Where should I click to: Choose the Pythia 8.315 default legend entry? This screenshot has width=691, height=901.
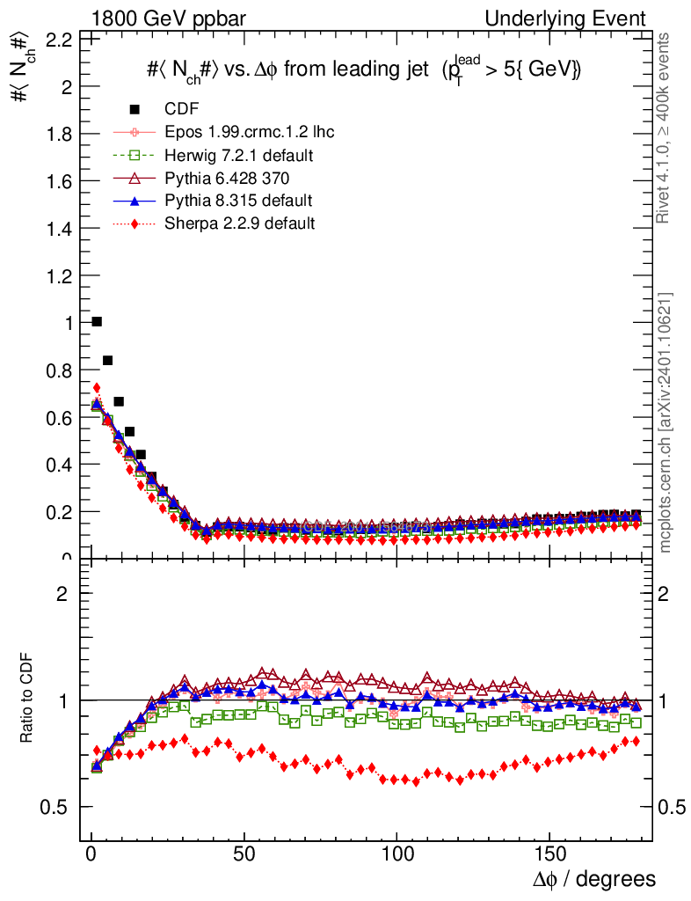tap(238, 201)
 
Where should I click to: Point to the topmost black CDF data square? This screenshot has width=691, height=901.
tap(97, 322)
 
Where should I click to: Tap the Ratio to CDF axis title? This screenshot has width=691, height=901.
tap(26, 700)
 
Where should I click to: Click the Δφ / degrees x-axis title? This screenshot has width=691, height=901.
tap(594, 879)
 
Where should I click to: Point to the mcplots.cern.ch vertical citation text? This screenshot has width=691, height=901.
tap(666, 422)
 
